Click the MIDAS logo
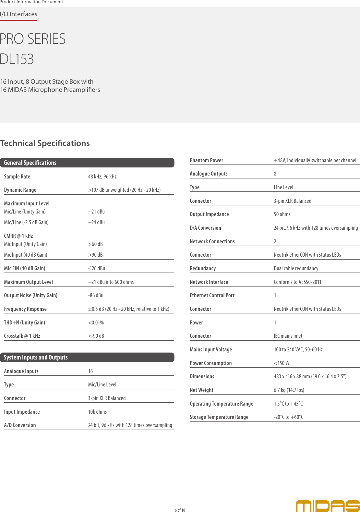(x=328, y=506)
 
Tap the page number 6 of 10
(x=180, y=510)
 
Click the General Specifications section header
(x=30, y=163)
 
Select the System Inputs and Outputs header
(x=36, y=358)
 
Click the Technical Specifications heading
(x=45, y=143)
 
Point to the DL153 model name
(x=17, y=59)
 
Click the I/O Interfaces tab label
(x=18, y=14)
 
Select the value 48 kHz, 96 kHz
(x=102, y=177)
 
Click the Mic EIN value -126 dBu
(x=97, y=269)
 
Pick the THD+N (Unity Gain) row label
(x=24, y=323)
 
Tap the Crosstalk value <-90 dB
(x=96, y=336)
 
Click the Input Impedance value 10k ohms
(x=97, y=412)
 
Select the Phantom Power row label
(x=206, y=161)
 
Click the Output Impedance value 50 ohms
(x=282, y=214)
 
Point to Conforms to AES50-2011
(x=297, y=282)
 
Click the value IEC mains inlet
(x=288, y=336)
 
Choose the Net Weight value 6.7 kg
(x=289, y=390)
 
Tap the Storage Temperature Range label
(x=219, y=417)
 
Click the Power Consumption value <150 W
(x=282, y=363)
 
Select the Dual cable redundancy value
(x=296, y=269)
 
